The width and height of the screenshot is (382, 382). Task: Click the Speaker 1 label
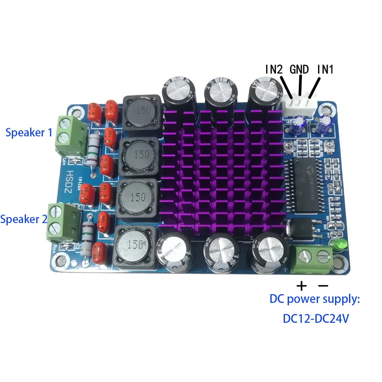click(x=29, y=133)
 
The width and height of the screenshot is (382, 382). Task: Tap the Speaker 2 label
click(x=24, y=220)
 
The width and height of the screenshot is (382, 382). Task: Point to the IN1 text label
click(x=325, y=70)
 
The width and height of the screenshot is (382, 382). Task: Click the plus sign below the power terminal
click(x=302, y=285)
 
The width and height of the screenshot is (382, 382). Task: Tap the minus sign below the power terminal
click(x=323, y=285)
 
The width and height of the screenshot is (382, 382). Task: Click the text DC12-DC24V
click(x=316, y=319)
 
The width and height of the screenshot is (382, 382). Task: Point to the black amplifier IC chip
click(x=308, y=183)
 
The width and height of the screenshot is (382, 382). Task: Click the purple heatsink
click(x=222, y=172)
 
